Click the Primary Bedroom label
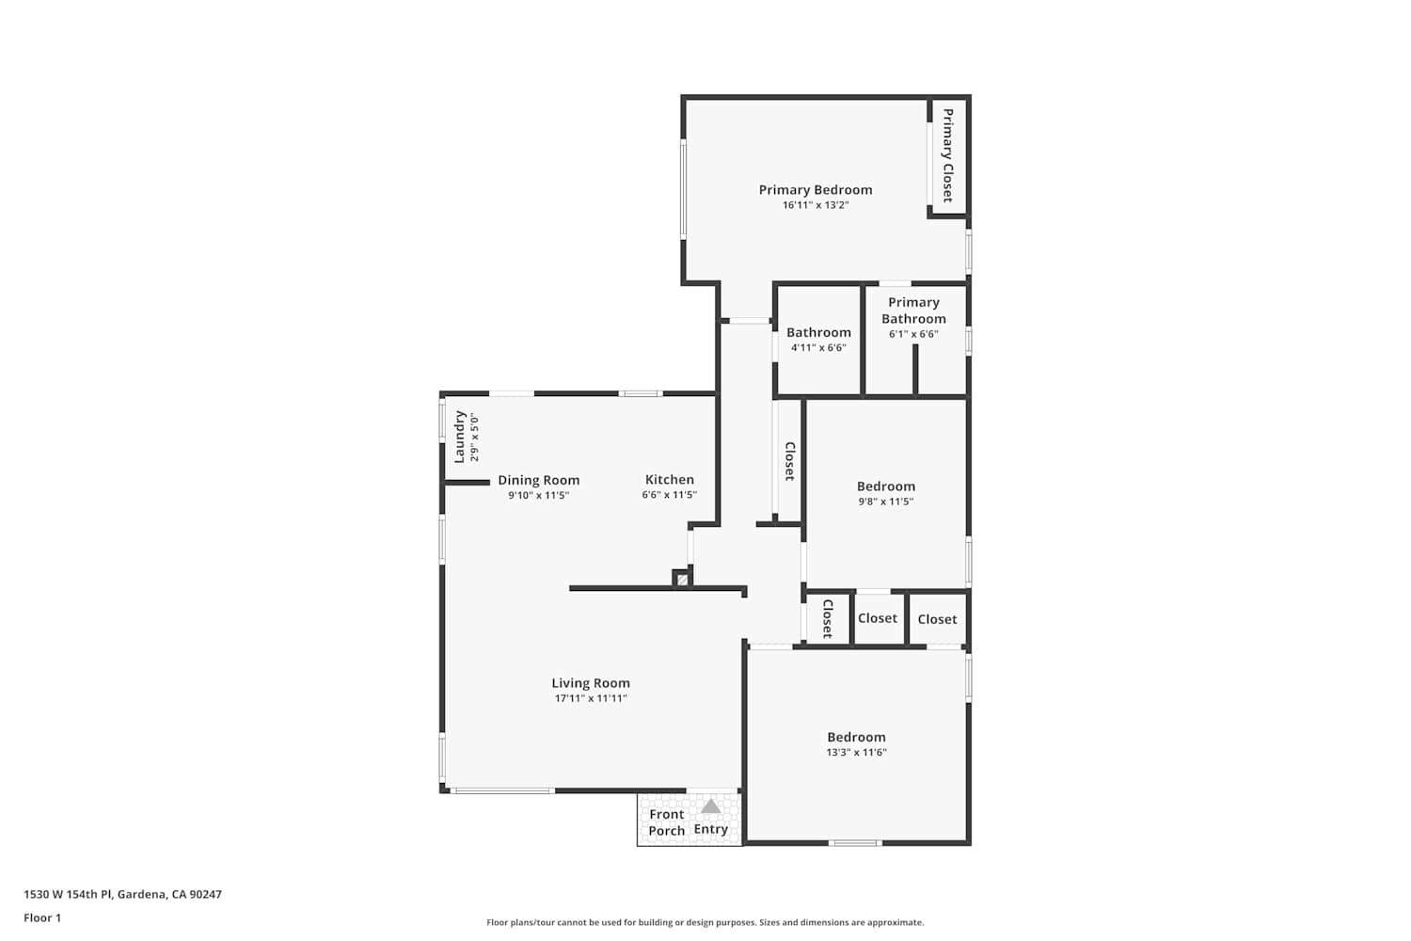click(816, 190)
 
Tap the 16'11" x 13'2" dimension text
click(816, 205)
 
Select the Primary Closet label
click(947, 155)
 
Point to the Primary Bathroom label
click(913, 311)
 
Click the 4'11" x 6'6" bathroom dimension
click(818, 347)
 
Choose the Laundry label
click(459, 437)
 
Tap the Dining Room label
click(539, 480)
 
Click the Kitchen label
click(670, 480)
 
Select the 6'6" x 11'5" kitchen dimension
click(670, 495)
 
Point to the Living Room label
click(591, 683)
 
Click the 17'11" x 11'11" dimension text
click(591, 698)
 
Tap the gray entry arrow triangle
click(710, 806)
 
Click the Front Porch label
click(666, 822)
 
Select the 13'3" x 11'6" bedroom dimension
click(857, 752)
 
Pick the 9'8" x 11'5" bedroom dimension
click(886, 502)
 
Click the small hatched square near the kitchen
click(682, 580)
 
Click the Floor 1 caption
click(42, 917)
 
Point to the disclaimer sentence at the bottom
click(705, 922)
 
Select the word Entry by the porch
click(710, 829)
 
